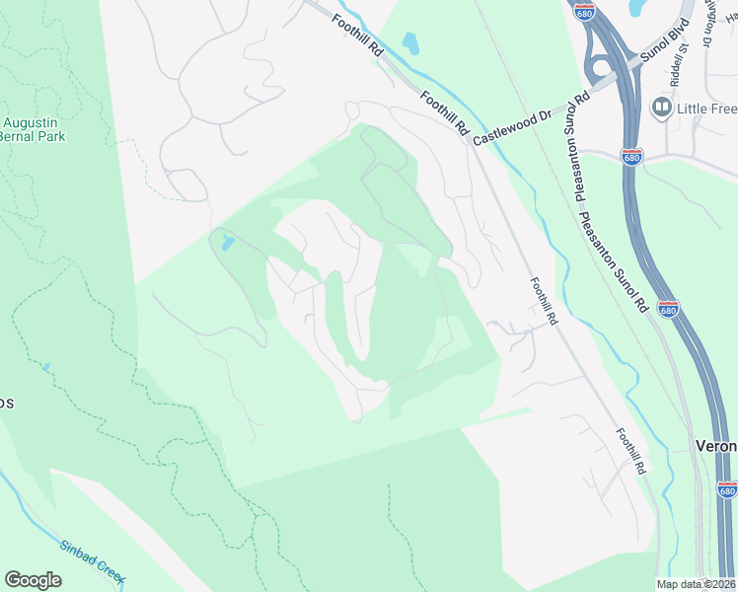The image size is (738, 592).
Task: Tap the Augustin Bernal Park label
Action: [33, 129]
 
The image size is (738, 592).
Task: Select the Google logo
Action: [33, 580]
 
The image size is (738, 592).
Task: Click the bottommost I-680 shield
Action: [727, 490]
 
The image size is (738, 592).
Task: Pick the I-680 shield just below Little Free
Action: [630, 157]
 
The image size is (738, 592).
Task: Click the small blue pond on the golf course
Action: [228, 243]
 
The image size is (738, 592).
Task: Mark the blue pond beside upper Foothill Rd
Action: [410, 43]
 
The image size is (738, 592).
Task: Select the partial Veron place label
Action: [717, 446]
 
